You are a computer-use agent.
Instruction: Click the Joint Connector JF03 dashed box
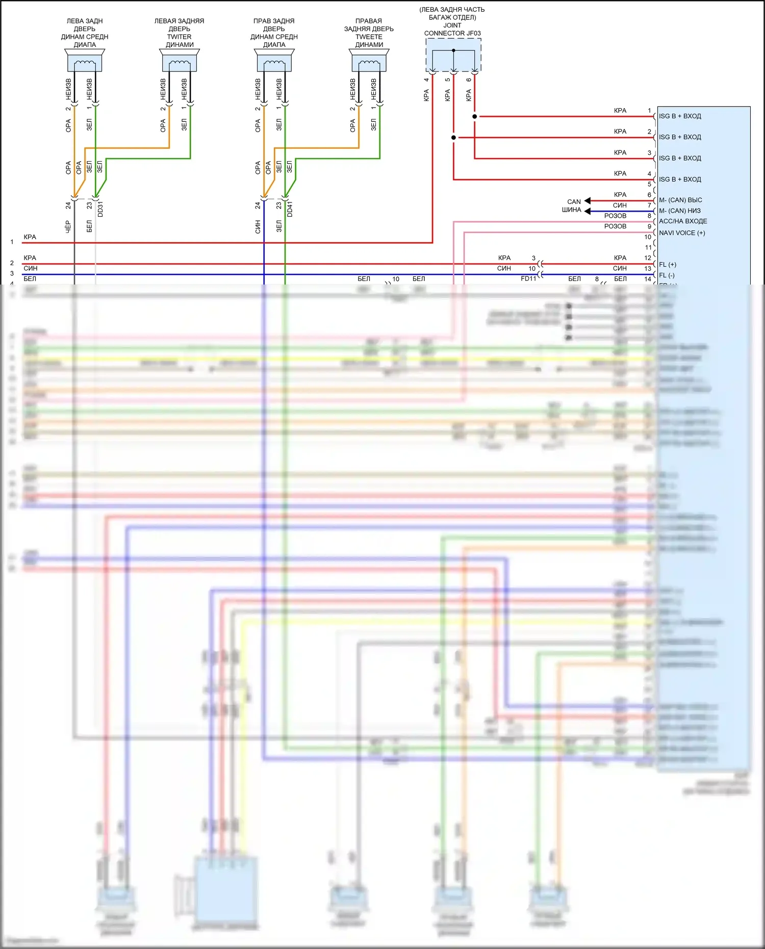coord(453,55)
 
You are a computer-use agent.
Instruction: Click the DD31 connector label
coord(100,209)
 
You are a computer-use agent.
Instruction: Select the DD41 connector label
coord(290,209)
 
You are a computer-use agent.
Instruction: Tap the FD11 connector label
coord(528,279)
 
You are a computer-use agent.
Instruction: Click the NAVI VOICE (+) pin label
coord(682,233)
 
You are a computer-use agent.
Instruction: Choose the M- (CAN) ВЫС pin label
coord(680,200)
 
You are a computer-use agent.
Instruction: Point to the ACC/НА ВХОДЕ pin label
coord(683,221)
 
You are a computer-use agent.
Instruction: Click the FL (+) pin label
coord(668,265)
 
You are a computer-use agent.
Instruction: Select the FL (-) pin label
coord(667,275)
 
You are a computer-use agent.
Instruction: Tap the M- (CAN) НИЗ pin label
coord(680,211)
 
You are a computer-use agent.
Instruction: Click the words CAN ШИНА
coord(572,206)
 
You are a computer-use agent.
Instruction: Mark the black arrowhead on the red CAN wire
coord(588,201)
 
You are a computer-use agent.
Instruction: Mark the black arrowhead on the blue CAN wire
coord(588,211)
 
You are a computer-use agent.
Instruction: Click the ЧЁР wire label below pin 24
coord(68,227)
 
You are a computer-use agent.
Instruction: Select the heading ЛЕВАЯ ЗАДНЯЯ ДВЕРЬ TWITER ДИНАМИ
coord(180,33)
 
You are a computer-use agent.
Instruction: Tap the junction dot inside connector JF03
coord(453,50)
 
